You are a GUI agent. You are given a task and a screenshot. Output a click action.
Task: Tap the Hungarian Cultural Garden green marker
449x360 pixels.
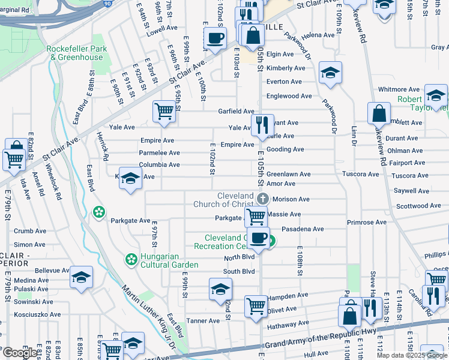point(130,259)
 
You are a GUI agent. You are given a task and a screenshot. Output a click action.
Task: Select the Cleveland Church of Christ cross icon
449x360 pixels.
point(262,199)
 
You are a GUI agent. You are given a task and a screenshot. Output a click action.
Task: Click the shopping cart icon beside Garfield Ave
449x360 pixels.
point(164,111)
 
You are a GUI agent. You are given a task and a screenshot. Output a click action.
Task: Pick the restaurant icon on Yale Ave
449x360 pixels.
point(262,125)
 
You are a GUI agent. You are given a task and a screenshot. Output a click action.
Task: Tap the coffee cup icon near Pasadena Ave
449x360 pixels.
point(258,238)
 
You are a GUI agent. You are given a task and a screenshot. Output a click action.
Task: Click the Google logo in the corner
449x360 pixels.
point(20,353)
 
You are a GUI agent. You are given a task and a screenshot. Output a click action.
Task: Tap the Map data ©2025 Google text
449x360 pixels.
point(412,355)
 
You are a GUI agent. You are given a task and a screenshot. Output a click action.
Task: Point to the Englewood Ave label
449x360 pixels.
point(289,96)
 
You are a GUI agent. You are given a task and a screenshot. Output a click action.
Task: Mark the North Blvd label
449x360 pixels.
point(239,257)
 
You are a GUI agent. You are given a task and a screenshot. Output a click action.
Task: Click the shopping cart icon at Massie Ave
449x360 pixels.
point(257,216)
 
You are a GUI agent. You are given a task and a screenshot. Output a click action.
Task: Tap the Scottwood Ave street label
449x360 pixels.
point(419,206)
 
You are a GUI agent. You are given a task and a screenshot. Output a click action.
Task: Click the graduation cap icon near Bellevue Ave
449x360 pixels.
point(81,277)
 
